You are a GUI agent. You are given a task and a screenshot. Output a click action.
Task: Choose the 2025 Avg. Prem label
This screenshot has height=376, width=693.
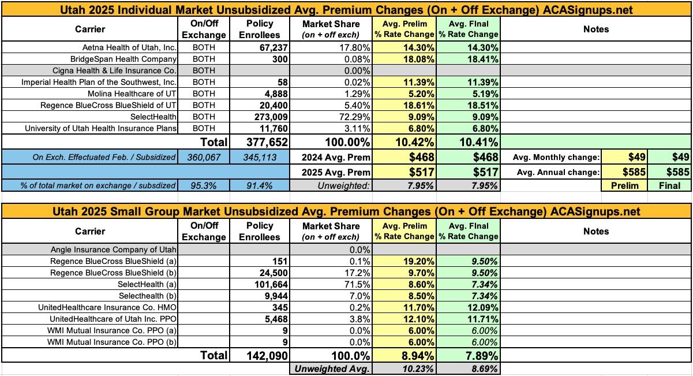pyautogui.click(x=336, y=172)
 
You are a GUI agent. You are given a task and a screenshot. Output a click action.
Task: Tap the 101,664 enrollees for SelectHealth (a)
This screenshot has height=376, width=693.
pyautogui.click(x=263, y=284)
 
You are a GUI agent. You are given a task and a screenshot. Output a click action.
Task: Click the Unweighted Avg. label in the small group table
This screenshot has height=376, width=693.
pyautogui.click(x=331, y=369)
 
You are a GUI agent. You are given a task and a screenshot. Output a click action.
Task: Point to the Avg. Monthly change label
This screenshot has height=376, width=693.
pyautogui.click(x=555, y=157)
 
